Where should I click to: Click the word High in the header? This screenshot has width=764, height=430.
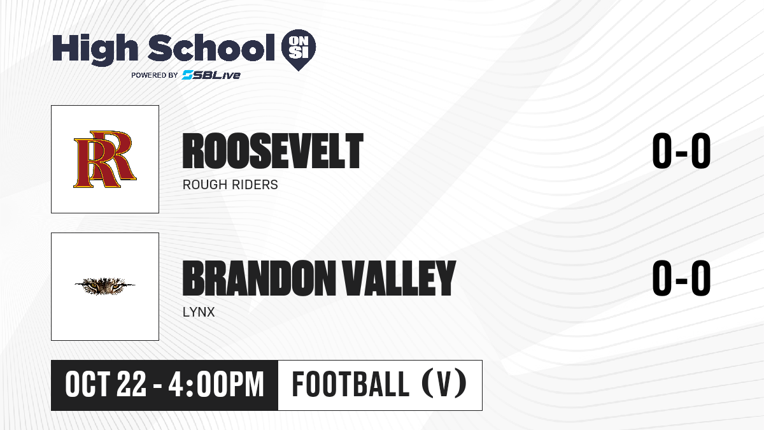95,49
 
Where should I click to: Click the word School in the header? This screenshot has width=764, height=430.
211,47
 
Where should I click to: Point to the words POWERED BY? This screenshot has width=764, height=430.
155,75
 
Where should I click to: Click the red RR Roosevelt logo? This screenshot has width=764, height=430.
105,159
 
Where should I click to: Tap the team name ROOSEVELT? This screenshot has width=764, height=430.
273,151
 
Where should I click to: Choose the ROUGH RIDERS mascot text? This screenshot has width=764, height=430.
230,185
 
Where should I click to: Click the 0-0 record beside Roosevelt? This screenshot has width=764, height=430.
681,151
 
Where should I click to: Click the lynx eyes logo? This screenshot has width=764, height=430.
104,285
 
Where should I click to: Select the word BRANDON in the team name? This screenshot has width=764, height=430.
259,278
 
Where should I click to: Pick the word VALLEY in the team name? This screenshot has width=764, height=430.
399,278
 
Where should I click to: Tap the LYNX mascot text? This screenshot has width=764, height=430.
199,312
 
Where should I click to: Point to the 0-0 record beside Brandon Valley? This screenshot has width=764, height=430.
681,278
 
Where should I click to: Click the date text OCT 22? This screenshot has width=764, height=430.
106,385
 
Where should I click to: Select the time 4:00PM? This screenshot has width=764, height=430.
216,385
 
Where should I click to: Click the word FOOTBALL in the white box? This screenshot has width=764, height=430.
350,384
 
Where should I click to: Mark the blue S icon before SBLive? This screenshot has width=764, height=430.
188,75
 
